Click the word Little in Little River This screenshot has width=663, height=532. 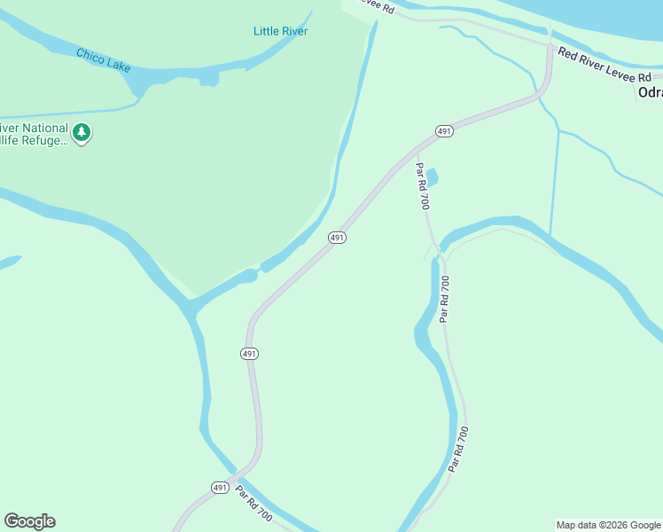[266, 31]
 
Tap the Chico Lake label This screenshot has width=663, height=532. [104, 59]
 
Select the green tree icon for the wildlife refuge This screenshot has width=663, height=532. [82, 133]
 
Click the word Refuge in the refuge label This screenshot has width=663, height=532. [46, 140]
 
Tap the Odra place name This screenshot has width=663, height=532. [650, 92]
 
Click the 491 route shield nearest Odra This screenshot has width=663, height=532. [445, 131]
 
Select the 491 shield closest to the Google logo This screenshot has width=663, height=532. [220, 488]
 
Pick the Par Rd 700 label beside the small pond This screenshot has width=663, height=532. [424, 186]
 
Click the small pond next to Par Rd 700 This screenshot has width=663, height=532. [433, 177]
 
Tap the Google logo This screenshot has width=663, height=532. [29, 521]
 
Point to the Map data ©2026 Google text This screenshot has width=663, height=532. [608, 525]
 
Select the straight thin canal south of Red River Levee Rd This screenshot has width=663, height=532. [555, 182]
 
